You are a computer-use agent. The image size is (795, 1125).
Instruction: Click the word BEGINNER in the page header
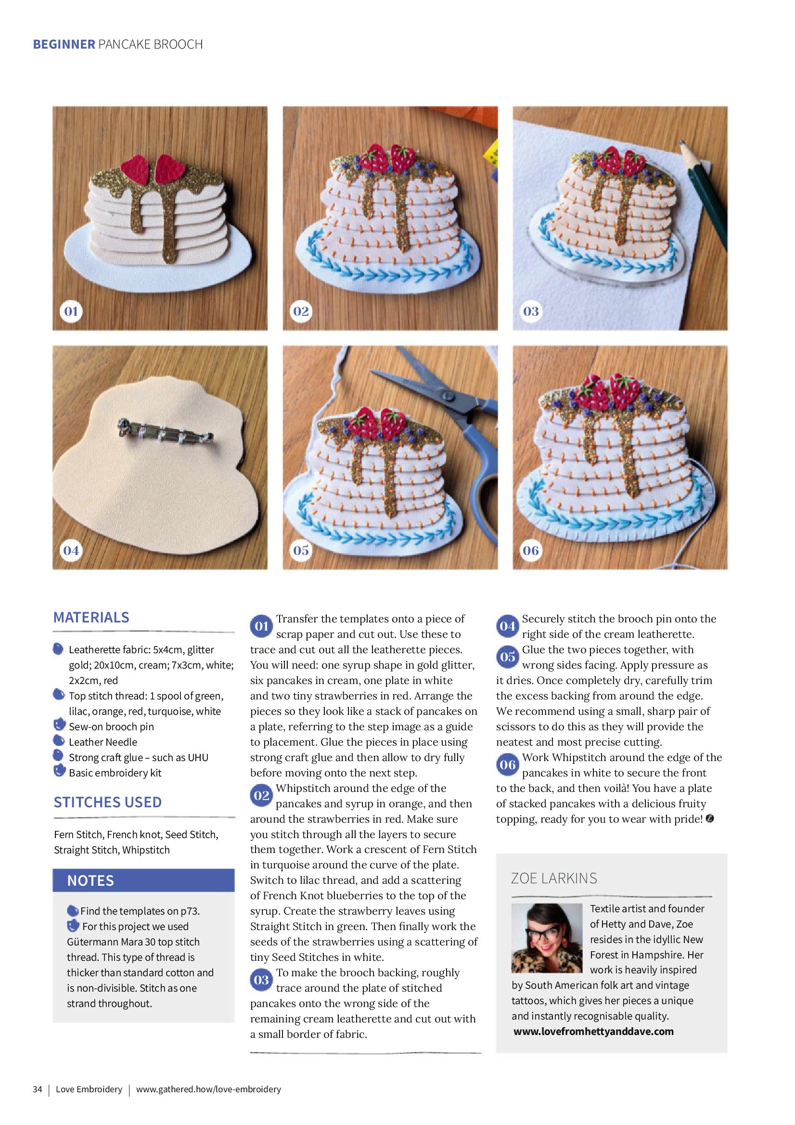[x=64, y=45]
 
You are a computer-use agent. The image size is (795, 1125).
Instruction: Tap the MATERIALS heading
[x=91, y=617]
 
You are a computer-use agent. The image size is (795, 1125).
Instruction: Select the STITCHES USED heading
[x=108, y=802]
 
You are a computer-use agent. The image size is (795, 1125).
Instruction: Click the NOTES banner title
[x=90, y=880]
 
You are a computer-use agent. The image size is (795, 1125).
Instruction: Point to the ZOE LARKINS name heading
[x=554, y=878]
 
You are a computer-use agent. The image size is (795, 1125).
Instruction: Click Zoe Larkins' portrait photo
[x=547, y=938]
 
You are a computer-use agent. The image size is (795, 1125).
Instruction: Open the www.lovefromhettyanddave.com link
[x=594, y=1032]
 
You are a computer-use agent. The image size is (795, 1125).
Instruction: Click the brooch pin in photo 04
[x=165, y=432]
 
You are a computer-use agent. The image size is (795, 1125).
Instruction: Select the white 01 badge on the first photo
[x=71, y=311]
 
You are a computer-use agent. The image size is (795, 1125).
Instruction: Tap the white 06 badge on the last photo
[x=531, y=550]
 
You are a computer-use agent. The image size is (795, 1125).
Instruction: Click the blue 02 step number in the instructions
[x=262, y=796]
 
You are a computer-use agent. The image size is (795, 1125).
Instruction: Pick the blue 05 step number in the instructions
[x=508, y=657]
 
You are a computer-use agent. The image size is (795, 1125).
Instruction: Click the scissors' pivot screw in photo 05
[x=447, y=395]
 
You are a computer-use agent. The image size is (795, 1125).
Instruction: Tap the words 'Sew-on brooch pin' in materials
[x=111, y=726]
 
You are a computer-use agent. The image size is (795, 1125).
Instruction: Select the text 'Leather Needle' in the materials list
[x=103, y=742]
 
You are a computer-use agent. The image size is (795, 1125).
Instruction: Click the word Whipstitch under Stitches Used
[x=146, y=850]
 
